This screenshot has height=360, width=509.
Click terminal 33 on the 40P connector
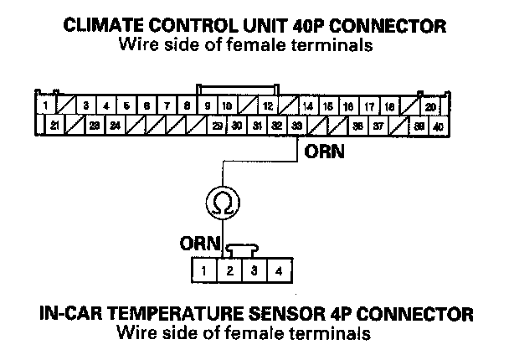coord(297,125)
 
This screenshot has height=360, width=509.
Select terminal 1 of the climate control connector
coord(44,106)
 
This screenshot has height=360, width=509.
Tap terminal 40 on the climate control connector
coord(437,125)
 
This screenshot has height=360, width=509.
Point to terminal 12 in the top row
coord(267,106)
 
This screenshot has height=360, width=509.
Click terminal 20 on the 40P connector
coord(429,106)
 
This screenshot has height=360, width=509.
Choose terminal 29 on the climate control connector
coord(217,125)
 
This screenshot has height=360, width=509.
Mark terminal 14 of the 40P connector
coord(308,106)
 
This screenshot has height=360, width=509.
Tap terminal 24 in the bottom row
coord(115,125)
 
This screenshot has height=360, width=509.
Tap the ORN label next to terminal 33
coord(322,152)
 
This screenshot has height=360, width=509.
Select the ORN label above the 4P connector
coord(199,244)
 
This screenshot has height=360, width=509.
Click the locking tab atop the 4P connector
coord(240,248)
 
